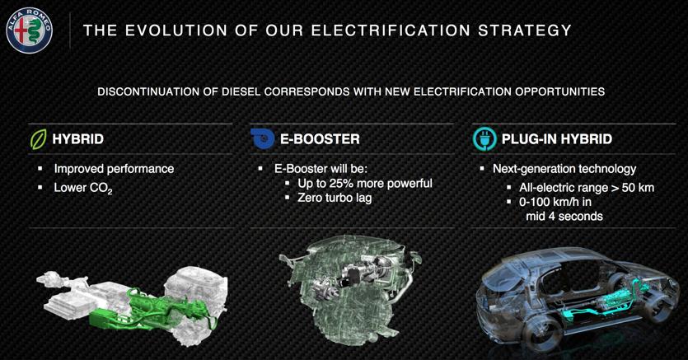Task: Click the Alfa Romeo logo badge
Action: pos(29,30)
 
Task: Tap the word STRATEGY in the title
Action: pos(525,30)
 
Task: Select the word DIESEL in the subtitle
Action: pos(241,91)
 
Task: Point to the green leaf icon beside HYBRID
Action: pos(38,139)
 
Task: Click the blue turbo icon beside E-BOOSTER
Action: pos(262,138)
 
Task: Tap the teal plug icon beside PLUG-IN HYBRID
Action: pos(484,139)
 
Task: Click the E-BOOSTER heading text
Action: pos(320,139)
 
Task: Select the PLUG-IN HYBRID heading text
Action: pos(557,139)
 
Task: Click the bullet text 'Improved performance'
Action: pos(114,169)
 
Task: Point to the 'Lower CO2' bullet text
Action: pos(83,188)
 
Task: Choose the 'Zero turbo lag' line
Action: pos(335,198)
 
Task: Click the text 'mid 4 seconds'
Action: pos(564,216)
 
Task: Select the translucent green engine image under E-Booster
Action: pos(349,289)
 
